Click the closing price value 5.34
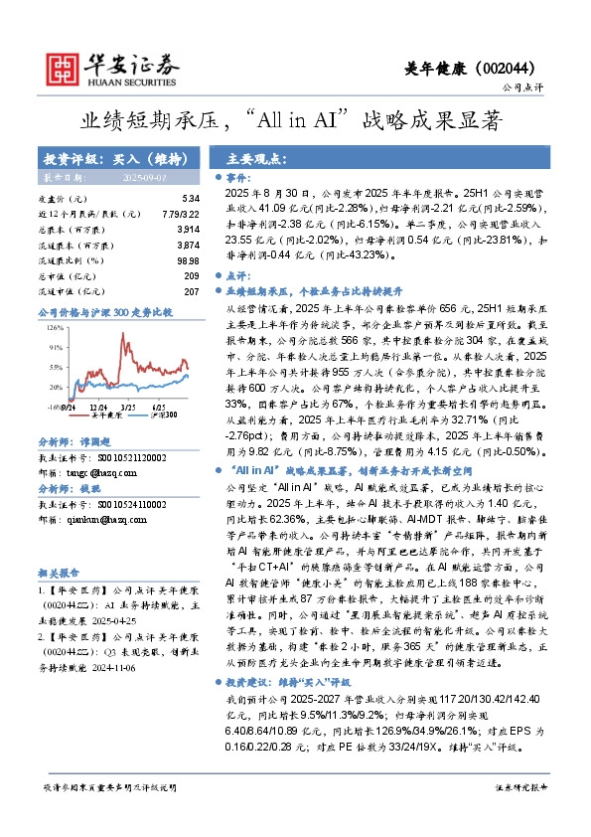click(x=192, y=199)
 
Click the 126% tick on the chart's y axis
click(x=55, y=325)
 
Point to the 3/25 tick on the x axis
click(x=129, y=407)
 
